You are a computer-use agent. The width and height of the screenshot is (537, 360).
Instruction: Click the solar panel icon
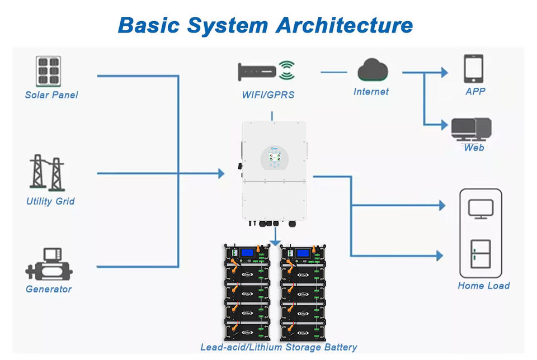click(x=49, y=71)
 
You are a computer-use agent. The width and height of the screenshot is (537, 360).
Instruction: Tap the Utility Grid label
click(x=50, y=201)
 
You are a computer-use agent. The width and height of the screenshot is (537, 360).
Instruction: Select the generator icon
click(x=49, y=266)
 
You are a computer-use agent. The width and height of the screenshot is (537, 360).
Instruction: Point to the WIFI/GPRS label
click(x=268, y=95)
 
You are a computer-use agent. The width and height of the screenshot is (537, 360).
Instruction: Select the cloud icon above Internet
click(x=373, y=70)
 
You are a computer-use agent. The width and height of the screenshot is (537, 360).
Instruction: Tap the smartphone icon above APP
click(x=473, y=68)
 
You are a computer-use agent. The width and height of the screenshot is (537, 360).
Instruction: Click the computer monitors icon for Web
click(x=472, y=130)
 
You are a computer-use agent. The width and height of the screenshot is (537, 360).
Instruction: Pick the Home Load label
click(x=484, y=286)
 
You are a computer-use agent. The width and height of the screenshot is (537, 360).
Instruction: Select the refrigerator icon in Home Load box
click(x=481, y=253)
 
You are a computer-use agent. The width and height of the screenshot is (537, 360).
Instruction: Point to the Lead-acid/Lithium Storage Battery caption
click(x=279, y=347)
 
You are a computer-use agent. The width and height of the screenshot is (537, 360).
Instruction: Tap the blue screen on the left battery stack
click(x=246, y=253)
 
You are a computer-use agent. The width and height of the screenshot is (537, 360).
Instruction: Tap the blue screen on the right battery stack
click(x=303, y=253)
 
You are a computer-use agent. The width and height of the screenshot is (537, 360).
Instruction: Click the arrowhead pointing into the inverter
click(x=221, y=174)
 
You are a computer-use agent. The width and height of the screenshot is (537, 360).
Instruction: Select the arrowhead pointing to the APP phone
click(x=445, y=73)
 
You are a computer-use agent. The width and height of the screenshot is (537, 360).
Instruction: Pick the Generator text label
click(x=49, y=289)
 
